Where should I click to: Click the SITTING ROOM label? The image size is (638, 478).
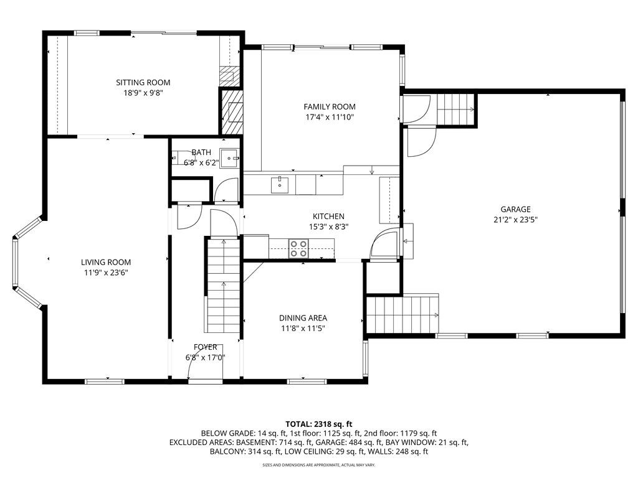pos(143,82)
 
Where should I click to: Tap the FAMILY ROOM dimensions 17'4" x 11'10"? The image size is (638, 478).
pos(330,116)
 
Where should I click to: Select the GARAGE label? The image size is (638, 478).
pos(515,209)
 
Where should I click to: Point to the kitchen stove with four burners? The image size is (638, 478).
pos(298,248)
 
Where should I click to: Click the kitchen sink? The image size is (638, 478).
pos(280,184)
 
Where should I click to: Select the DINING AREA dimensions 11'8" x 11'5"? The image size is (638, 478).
pos(303,328)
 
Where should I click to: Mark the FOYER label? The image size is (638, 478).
pos(205,347)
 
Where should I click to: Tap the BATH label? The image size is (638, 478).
pos(201,152)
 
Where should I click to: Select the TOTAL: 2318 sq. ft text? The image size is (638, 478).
pos(318,423)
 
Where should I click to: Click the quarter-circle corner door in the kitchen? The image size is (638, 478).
pos(384,245)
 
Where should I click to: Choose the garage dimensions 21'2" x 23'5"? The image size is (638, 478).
pos(515,219)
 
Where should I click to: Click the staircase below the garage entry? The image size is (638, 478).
pos(402,315)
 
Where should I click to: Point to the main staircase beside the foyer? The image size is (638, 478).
pos(222,286)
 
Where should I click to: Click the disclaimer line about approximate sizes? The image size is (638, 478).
pos(318,464)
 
